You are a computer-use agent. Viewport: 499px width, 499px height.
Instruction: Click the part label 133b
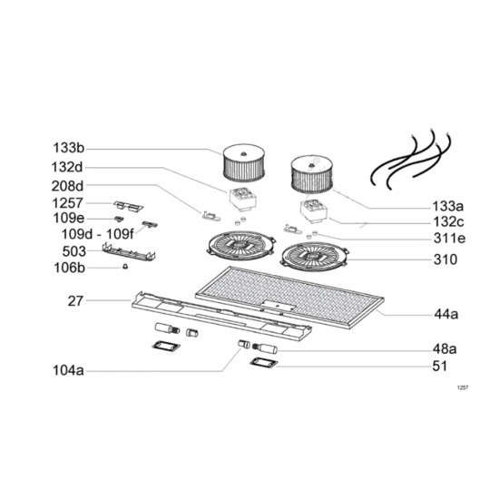(x=68, y=148)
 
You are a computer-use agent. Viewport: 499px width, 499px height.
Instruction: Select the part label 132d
(x=67, y=167)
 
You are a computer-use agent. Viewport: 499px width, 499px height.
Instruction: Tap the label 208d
(x=67, y=186)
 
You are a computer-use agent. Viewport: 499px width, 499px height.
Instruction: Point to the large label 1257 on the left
(x=67, y=203)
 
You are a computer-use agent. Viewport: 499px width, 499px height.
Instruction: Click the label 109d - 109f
(x=98, y=234)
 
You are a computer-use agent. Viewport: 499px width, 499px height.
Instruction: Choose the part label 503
(x=74, y=251)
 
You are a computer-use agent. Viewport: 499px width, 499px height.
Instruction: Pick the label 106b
(x=69, y=268)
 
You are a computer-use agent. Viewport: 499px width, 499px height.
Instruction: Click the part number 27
(x=75, y=300)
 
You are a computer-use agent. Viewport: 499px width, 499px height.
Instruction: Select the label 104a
(x=68, y=370)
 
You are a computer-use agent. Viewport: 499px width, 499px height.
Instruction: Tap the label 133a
(x=448, y=207)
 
